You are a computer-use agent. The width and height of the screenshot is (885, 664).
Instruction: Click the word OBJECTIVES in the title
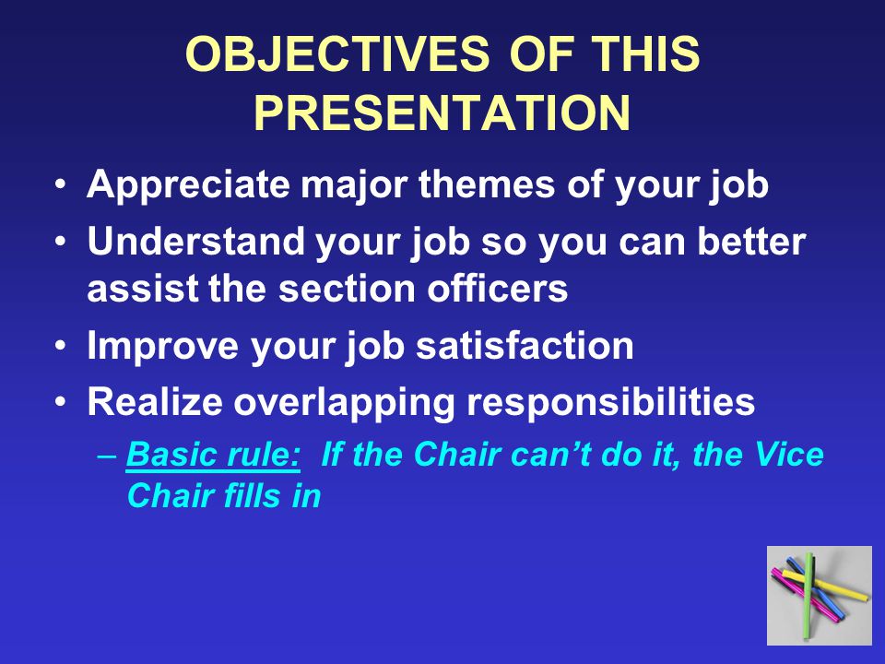[337, 53]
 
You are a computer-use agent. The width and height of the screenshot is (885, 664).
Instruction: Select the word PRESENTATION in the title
[442, 113]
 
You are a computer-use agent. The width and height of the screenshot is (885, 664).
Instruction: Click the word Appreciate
[188, 185]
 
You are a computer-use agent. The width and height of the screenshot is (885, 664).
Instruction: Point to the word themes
[487, 184]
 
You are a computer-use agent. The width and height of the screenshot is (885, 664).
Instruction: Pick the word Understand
[195, 241]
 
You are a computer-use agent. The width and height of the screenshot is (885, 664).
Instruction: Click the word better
[751, 241]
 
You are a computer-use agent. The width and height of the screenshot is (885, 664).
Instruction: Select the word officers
[497, 288]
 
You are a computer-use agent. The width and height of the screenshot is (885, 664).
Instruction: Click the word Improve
[162, 347]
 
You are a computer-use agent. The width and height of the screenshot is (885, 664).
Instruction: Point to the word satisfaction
[525, 345]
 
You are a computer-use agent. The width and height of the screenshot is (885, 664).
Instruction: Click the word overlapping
[344, 403]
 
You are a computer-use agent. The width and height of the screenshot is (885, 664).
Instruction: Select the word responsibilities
[610, 403]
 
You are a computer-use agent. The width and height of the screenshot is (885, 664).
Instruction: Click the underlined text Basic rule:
[213, 454]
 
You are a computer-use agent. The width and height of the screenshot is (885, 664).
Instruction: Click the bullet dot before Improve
[61, 345]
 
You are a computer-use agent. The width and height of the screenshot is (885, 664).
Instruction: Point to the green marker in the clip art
[808, 596]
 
